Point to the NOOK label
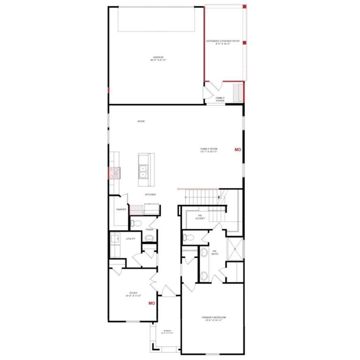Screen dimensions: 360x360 141,121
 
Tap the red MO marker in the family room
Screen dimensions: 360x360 238,150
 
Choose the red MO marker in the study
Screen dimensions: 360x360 151,303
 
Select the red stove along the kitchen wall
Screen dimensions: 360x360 114,173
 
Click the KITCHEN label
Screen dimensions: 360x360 150,195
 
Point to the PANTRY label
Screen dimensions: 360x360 121,210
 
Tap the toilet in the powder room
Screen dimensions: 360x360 134,223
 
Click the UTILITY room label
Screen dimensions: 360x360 131,239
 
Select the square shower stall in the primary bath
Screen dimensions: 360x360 235,248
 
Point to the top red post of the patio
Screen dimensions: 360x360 244,7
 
